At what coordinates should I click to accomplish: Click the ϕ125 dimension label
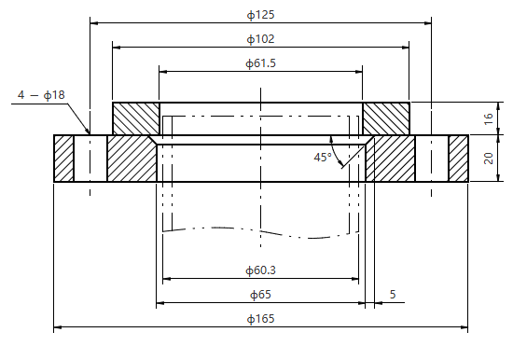(x=260, y=15)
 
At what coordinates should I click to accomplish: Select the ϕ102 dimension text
(x=260, y=39)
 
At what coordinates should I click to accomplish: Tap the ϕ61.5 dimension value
(x=260, y=63)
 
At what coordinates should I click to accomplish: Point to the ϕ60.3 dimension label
(x=260, y=270)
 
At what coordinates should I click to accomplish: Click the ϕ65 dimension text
(x=260, y=295)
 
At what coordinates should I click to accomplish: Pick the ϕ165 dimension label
(x=260, y=318)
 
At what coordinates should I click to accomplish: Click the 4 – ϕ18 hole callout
(x=41, y=95)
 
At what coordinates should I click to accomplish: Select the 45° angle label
(x=323, y=158)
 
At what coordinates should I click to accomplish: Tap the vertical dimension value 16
(x=488, y=118)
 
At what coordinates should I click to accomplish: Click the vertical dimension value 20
(x=488, y=159)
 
